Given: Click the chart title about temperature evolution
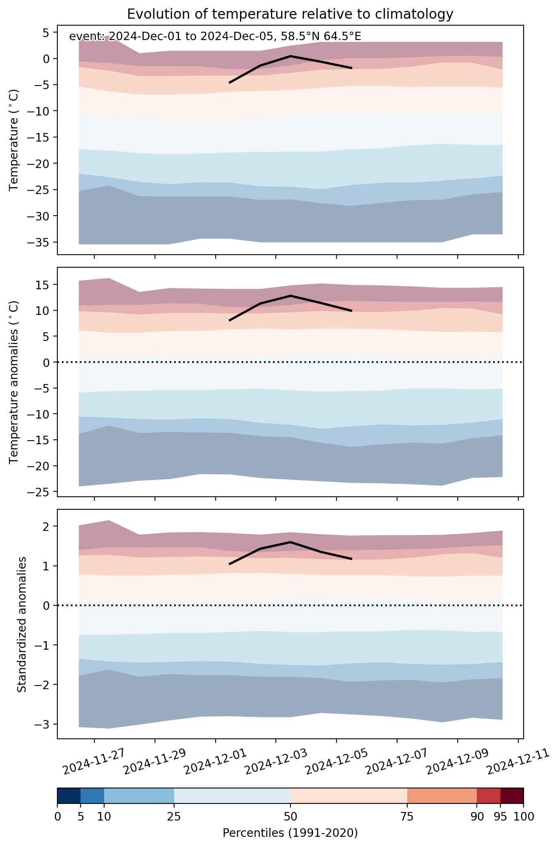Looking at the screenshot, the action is [290, 14].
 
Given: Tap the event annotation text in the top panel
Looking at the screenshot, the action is [215, 37].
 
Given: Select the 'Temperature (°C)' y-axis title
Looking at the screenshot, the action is [14, 140].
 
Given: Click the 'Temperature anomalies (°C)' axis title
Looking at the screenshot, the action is [14, 382].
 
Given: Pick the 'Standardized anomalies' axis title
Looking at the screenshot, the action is [22, 624].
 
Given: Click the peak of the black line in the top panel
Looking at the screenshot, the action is [290, 56].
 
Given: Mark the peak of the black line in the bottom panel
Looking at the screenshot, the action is [290, 542].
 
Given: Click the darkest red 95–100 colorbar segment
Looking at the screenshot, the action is [512, 796].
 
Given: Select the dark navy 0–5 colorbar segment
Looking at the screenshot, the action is [69, 796].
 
